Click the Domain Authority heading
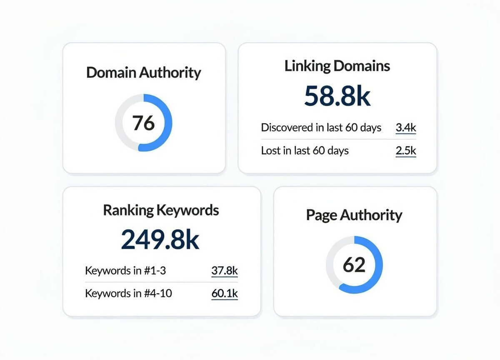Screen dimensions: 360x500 [143, 72]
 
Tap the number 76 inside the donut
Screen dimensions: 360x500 [143, 123]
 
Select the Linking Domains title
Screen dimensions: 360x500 [337, 66]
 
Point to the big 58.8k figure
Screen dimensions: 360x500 [337, 96]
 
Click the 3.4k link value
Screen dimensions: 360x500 [405, 127]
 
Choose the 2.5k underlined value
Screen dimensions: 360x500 [405, 150]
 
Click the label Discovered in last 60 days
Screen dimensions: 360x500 [321, 127]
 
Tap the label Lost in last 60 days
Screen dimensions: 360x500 [305, 150]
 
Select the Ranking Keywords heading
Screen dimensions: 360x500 [161, 210]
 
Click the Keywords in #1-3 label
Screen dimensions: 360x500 [125, 271]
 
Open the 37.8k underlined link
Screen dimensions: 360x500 [224, 271]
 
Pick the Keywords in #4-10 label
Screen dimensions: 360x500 [128, 293]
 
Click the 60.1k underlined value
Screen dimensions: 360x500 [224, 293]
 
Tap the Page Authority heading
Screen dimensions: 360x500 [354, 215]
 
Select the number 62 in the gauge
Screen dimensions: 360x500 [354, 265]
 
